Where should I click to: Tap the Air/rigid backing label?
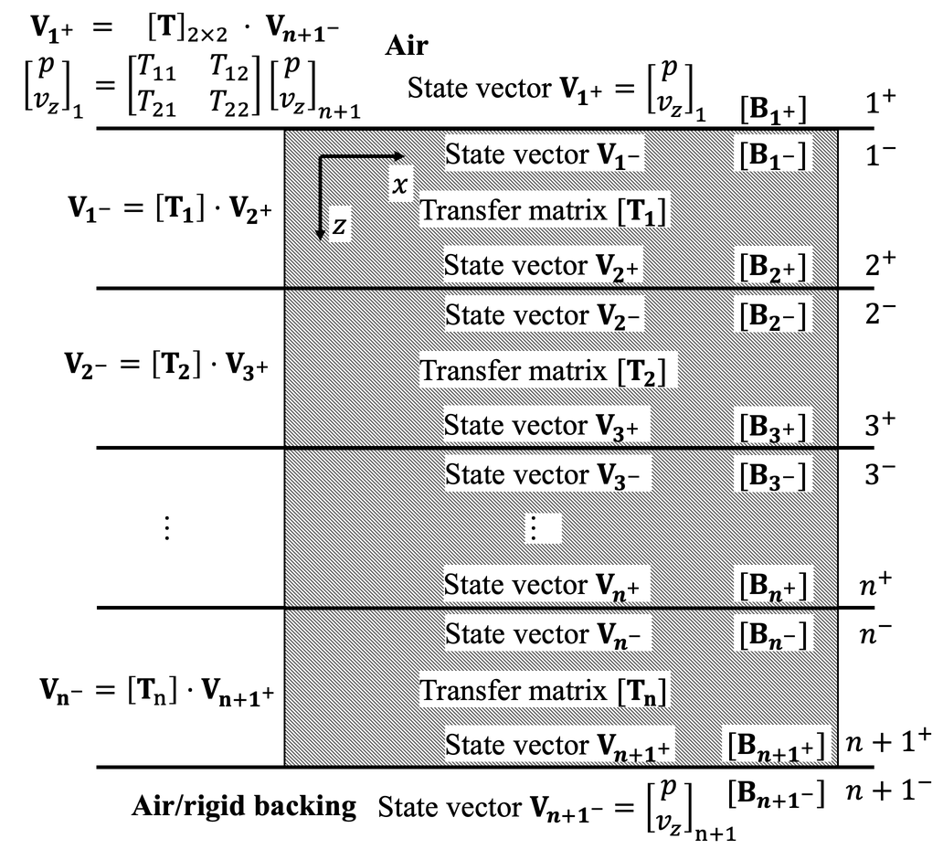(x=244, y=805)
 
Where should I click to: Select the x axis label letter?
(x=398, y=184)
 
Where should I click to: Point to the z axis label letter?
(x=338, y=225)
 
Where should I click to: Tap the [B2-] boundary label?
(x=773, y=315)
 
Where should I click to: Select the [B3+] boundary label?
(x=773, y=426)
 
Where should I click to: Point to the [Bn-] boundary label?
(x=773, y=634)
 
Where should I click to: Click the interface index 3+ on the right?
(x=879, y=425)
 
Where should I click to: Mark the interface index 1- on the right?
(x=879, y=155)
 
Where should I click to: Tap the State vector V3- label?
(x=546, y=475)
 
